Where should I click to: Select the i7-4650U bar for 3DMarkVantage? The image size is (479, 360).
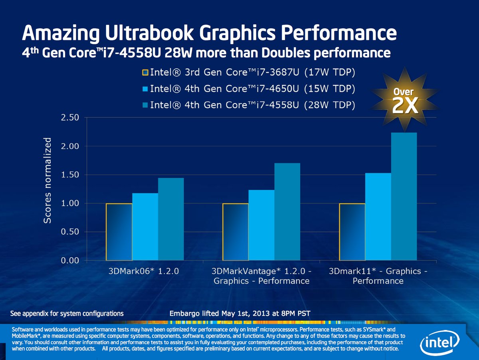tap(261, 225)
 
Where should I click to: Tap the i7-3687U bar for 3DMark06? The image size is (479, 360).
tap(119, 232)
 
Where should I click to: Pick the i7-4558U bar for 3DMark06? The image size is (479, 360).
tap(171, 219)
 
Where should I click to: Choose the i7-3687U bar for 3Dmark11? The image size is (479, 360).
tap(352, 232)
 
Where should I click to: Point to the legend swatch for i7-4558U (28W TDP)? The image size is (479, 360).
tap(145, 105)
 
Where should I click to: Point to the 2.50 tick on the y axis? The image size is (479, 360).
tap(73, 117)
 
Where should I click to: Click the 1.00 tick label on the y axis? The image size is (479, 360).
tap(73, 203)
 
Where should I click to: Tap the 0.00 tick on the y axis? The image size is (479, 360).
tap(73, 261)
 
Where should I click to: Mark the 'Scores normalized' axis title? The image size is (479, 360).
tap(48, 181)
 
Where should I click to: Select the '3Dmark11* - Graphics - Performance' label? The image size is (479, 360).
tap(378, 276)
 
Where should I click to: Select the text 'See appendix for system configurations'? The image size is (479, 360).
tap(67, 313)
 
